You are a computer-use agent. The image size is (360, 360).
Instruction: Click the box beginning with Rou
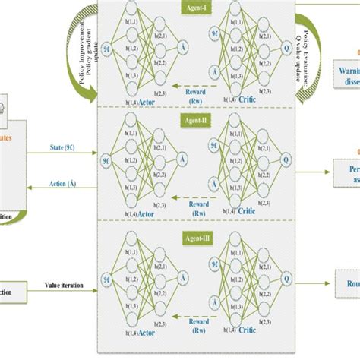[x=349, y=285]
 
